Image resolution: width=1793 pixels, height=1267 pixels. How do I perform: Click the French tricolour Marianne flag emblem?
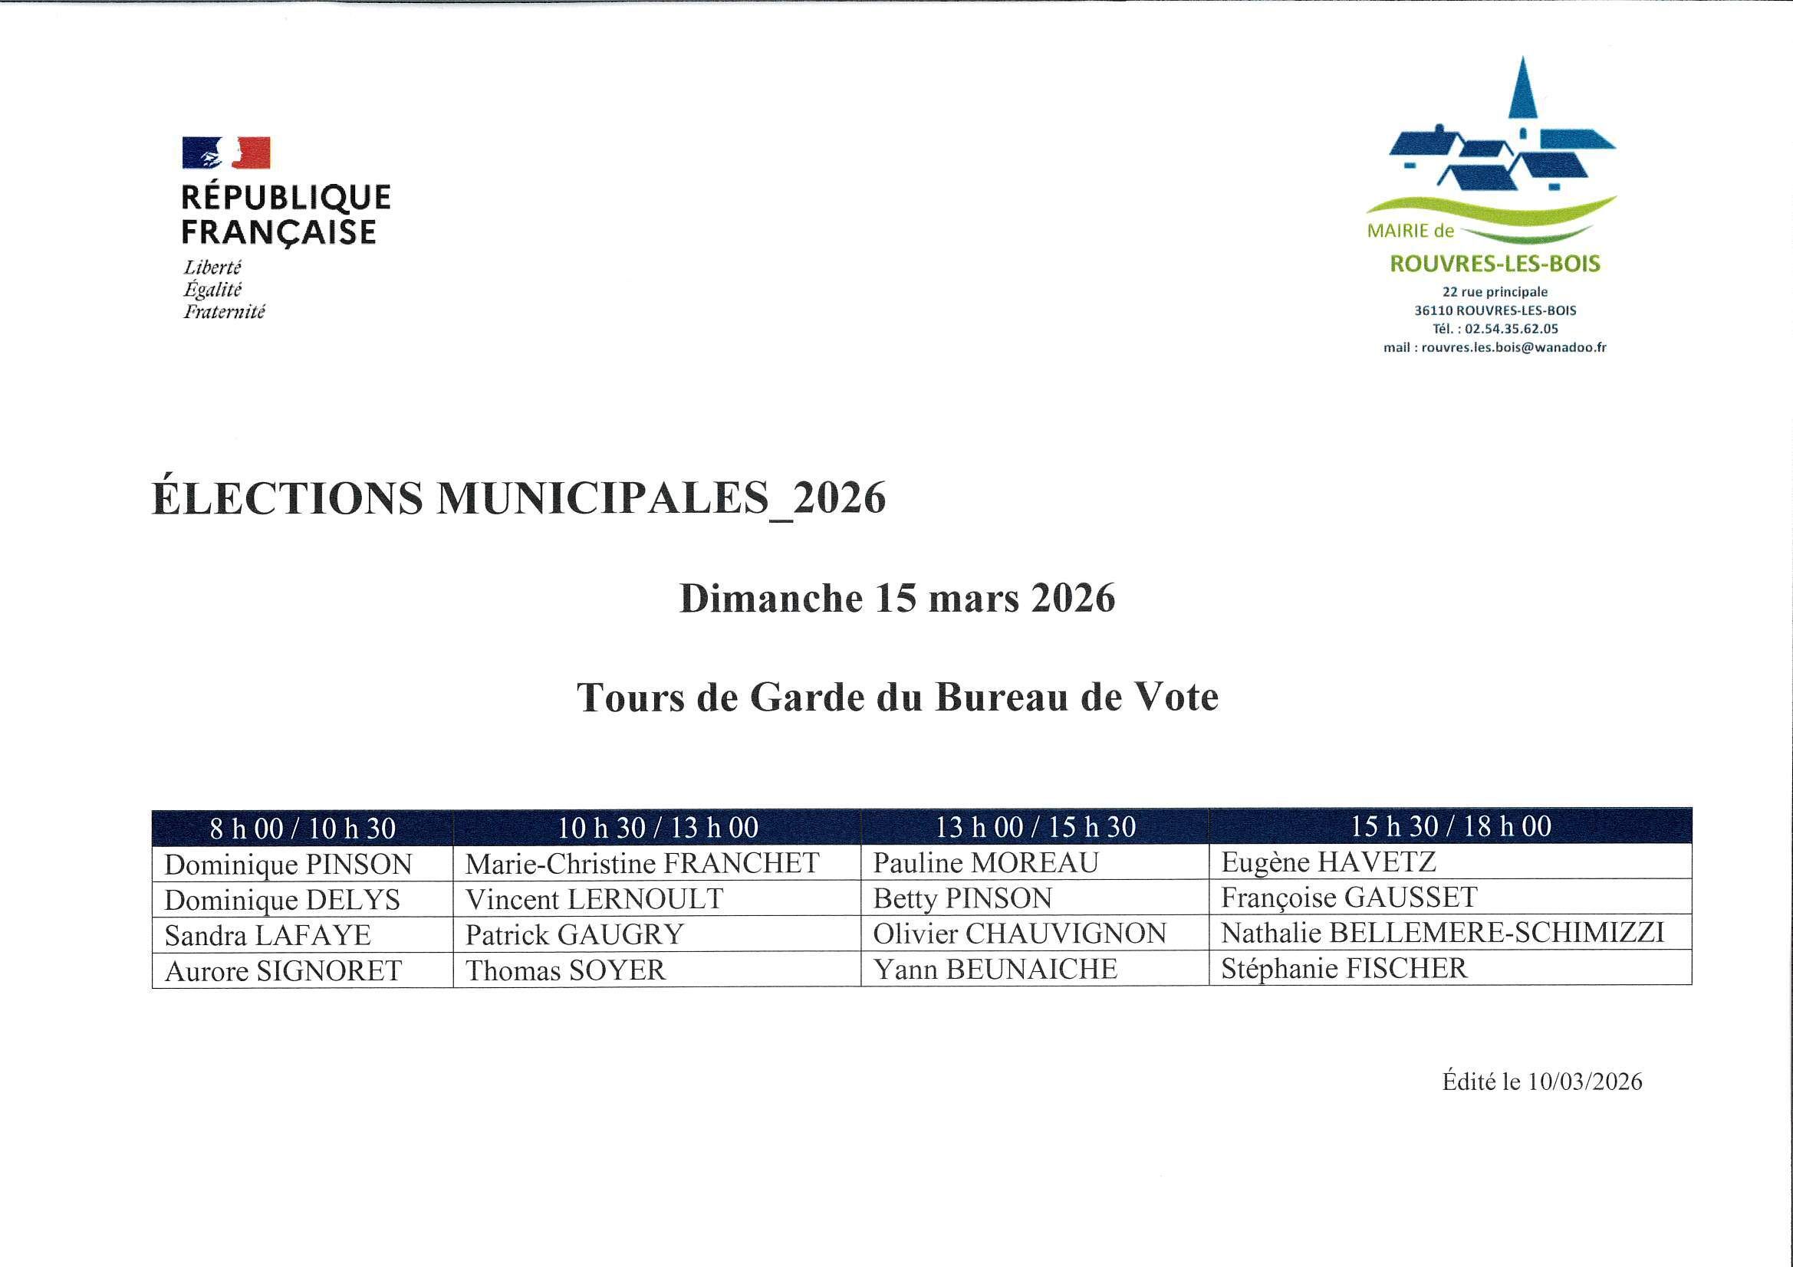[x=226, y=153]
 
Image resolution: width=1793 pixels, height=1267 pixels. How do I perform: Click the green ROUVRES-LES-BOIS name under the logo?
[x=1495, y=264]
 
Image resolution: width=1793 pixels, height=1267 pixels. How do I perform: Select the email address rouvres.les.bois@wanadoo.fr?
[x=1513, y=348]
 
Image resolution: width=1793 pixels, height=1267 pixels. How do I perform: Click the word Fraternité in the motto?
[x=224, y=312]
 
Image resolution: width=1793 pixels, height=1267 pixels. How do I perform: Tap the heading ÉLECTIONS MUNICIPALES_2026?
[x=518, y=498]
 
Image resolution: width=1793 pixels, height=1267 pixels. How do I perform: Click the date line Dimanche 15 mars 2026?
[x=897, y=599]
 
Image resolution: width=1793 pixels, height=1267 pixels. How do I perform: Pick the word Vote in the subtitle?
[x=1176, y=698]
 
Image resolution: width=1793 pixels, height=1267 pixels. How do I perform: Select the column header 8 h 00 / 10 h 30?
[x=302, y=829]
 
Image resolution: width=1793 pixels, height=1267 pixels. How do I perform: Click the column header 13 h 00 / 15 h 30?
[x=1035, y=828]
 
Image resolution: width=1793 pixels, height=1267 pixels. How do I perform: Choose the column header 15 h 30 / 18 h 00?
[x=1450, y=827]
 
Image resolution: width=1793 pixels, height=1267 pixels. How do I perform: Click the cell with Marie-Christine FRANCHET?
[x=642, y=863]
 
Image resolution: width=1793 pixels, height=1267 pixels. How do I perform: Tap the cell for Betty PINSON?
[x=962, y=898]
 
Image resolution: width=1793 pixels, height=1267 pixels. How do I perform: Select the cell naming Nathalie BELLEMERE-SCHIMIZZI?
[x=1443, y=933]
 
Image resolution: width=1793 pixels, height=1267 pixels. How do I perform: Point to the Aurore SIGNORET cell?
[x=284, y=971]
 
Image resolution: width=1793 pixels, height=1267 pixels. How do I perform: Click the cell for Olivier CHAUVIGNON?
[x=1019, y=934]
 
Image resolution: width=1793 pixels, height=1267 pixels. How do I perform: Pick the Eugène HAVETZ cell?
[x=1328, y=862]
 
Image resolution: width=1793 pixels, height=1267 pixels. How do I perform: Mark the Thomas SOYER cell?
[x=565, y=970]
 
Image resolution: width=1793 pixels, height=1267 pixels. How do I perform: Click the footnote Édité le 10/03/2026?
[x=1541, y=1082]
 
